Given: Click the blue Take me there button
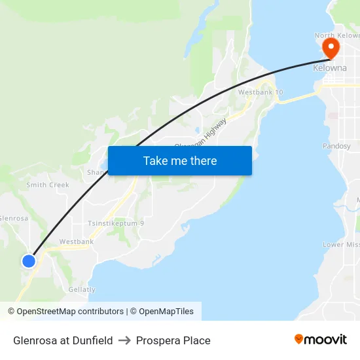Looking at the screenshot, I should pyautogui.click(x=180, y=160).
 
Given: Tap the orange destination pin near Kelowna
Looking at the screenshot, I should pyautogui.click(x=331, y=48).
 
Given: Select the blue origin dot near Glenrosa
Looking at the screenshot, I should pyautogui.click(x=28, y=261).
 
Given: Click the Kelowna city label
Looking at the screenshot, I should pyautogui.click(x=329, y=68).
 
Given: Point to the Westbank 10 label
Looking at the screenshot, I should pyautogui.click(x=261, y=92).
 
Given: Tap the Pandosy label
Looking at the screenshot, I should pyautogui.click(x=337, y=146).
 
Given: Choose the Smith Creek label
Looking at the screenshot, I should pyautogui.click(x=48, y=185).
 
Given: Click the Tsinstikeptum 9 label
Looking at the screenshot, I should pyautogui.click(x=116, y=223).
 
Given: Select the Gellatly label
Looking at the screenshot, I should pyautogui.click(x=82, y=289).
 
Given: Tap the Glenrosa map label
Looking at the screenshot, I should pyautogui.click(x=14, y=219).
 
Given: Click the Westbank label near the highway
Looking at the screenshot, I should pyautogui.click(x=77, y=242).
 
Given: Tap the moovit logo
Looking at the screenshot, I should pyautogui.click(x=320, y=339).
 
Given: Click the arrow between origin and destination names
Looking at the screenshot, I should pyautogui.click(x=124, y=340).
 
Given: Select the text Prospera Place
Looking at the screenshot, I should pyautogui.click(x=173, y=340).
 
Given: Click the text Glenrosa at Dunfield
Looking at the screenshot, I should pyautogui.click(x=63, y=340).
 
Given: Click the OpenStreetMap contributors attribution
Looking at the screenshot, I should pyautogui.click(x=70, y=312).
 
